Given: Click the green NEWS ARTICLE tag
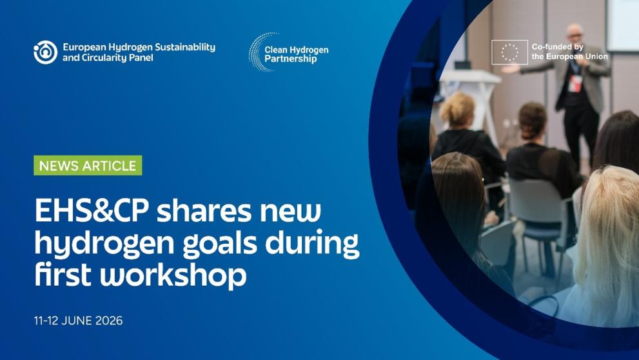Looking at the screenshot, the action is tap(88, 165).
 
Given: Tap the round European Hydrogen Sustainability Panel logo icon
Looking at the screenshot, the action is tap(45, 52).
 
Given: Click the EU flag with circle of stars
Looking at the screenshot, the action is tap(509, 52).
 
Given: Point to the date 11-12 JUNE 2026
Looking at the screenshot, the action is tap(78, 321).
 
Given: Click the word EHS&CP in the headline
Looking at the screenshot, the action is tap(92, 210).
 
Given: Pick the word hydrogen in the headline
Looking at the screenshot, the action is tap(104, 244).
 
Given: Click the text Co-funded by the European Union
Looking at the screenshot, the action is tap(569, 52).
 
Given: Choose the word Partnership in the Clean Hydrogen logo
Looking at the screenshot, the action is tap(291, 59).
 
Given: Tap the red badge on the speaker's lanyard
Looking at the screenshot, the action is tap(575, 83).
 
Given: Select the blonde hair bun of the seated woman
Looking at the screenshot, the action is tap(457, 108).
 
